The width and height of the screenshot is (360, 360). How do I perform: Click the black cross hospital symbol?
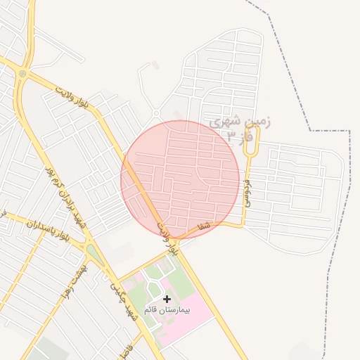167,299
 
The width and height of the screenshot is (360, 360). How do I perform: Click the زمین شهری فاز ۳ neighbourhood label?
240,128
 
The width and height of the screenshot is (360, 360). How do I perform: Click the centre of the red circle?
181,180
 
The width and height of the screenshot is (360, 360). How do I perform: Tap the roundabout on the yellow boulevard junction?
22,73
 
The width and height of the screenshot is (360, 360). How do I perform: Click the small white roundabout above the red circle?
155,113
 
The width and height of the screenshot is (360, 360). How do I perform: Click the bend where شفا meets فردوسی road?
243,225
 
